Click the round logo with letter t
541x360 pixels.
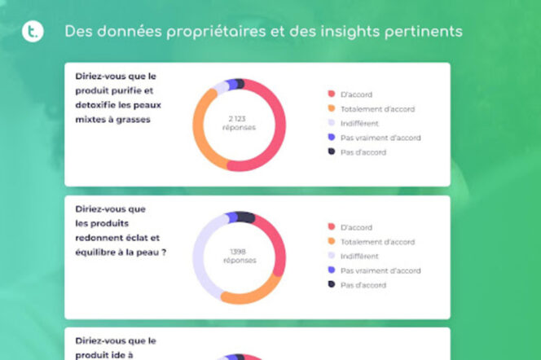point(32,31)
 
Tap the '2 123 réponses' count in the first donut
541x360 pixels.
point(239,124)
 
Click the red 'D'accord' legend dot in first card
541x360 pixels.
point(331,94)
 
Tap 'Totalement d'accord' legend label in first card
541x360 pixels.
point(377,108)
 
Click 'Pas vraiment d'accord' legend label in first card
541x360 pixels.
point(380,138)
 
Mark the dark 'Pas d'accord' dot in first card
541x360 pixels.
point(331,152)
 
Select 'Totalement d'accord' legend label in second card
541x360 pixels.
point(377,241)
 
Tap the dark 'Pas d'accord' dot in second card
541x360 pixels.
point(331,285)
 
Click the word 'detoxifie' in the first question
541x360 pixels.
point(95,105)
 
